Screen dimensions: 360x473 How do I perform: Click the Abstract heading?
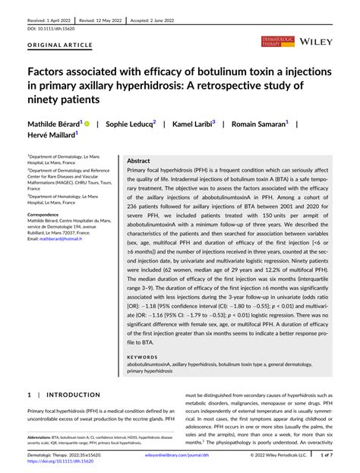[138, 161]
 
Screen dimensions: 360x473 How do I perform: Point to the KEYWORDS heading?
[143, 356]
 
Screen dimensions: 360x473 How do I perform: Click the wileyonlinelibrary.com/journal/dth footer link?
[179, 456]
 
